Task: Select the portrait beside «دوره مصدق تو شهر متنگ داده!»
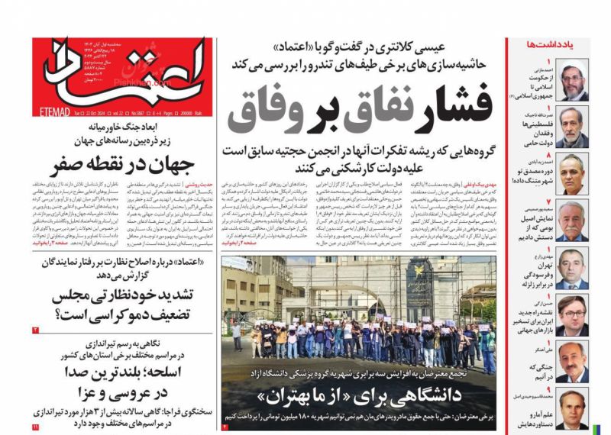(x=571, y=172)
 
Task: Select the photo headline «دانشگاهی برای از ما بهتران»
(x=359, y=398)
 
